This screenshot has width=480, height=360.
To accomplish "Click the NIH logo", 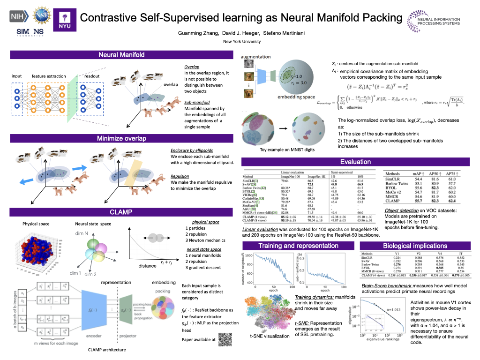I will tap(18, 16).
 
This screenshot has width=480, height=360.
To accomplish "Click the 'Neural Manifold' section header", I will tap(121, 55).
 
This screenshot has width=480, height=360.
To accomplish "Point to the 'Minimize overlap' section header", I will tap(121, 138).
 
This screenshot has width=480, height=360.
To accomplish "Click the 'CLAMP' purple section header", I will tap(121, 212).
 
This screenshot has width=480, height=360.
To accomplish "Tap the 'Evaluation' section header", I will tap(355, 162).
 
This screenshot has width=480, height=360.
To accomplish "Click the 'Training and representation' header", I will tap(298, 246).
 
